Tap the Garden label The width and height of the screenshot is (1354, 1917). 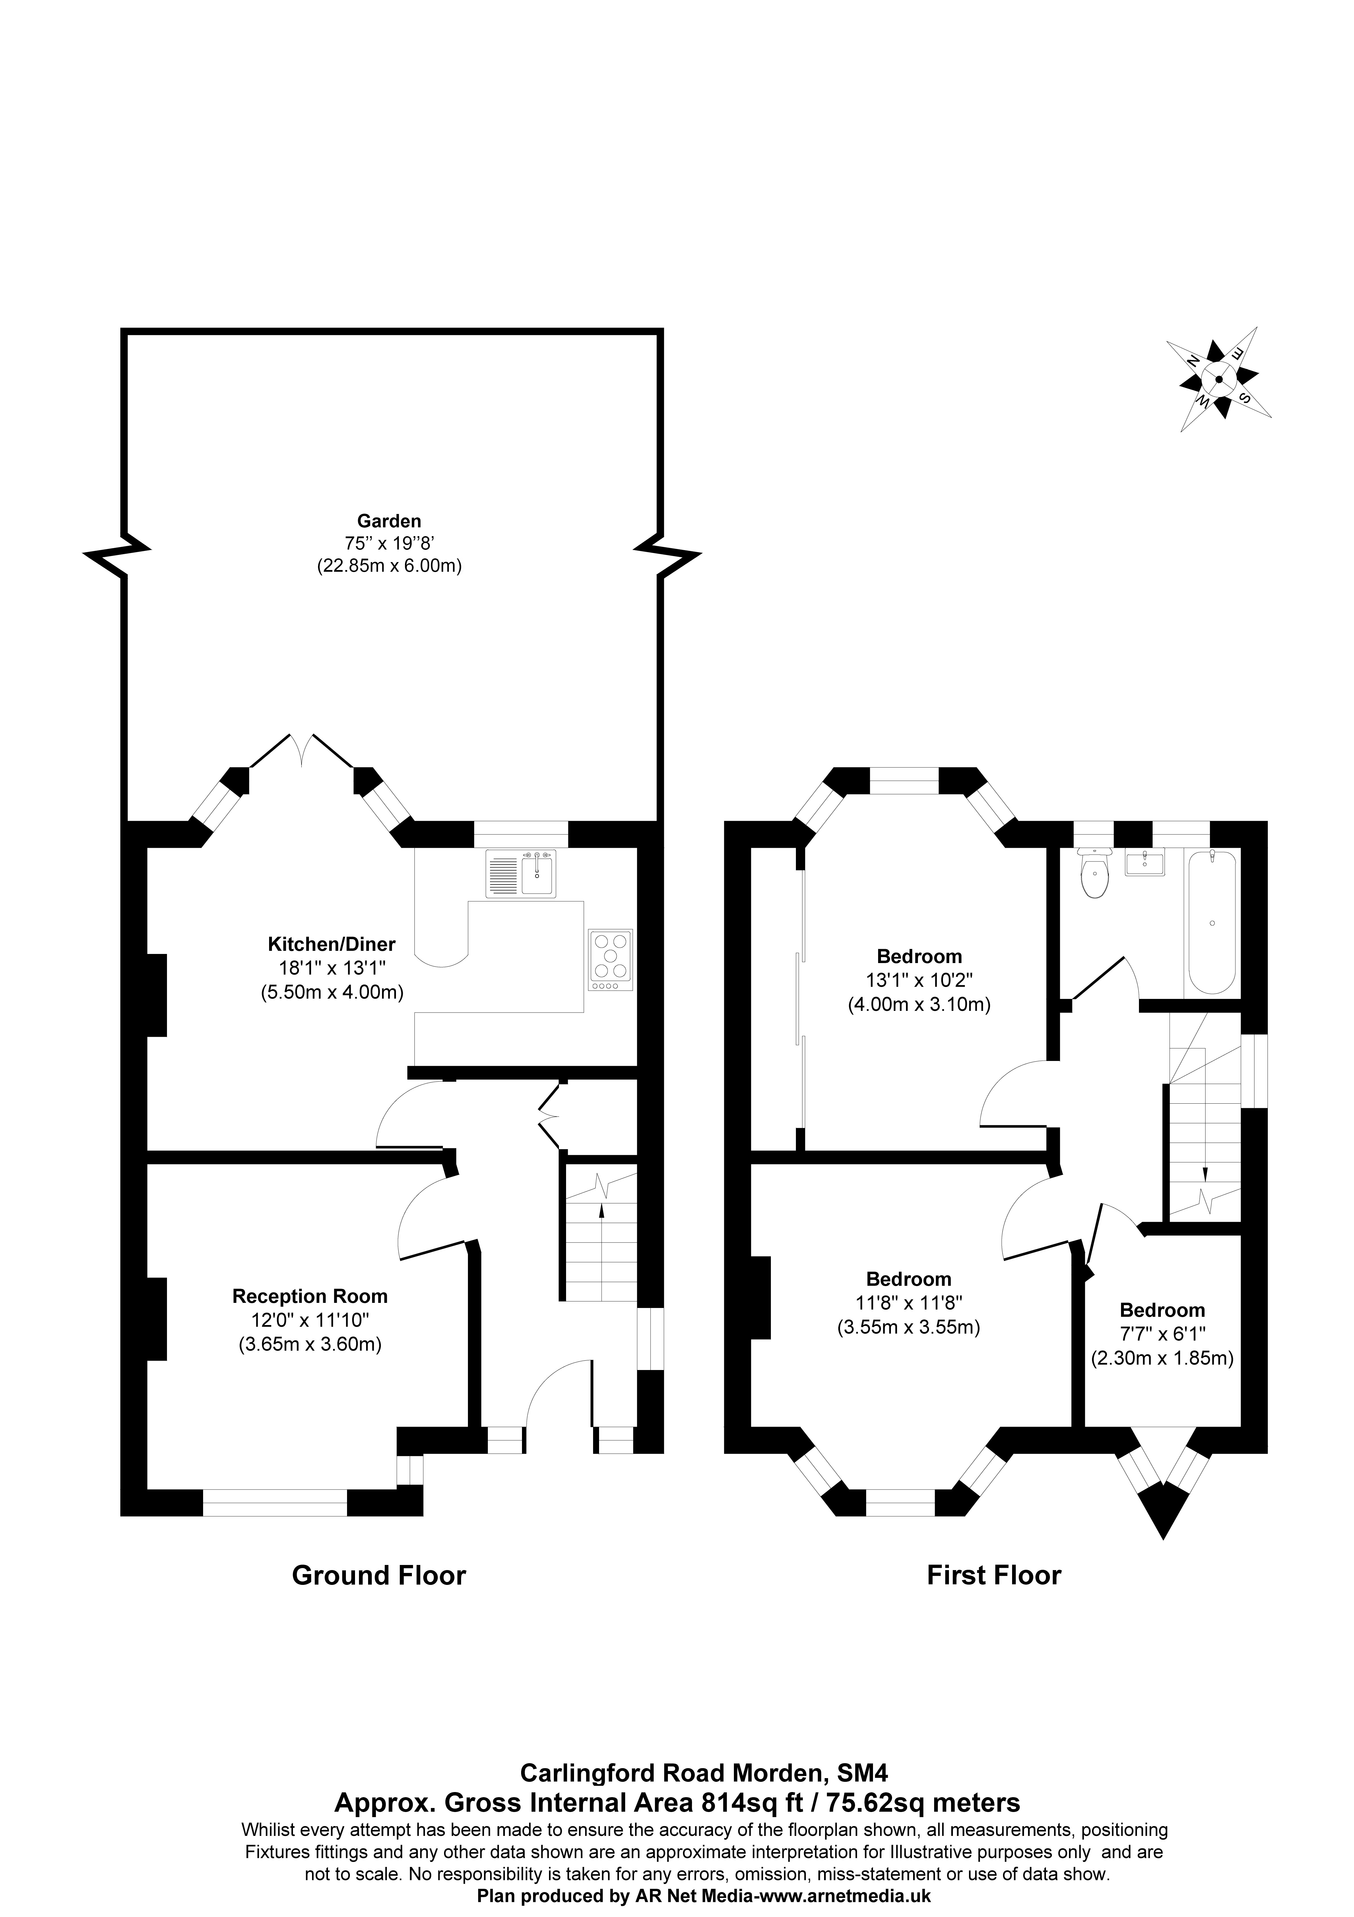pyautogui.click(x=389, y=522)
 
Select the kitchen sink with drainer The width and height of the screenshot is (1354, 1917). pyautogui.click(x=521, y=873)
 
